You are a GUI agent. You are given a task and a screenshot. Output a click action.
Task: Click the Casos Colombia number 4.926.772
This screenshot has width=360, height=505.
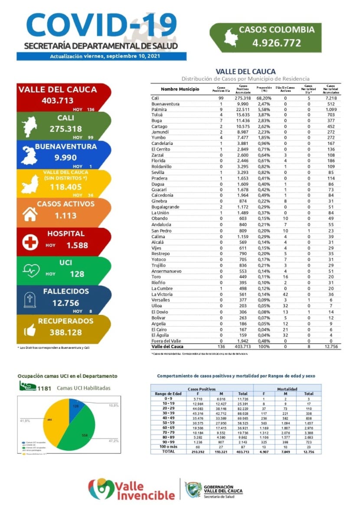point(277,43)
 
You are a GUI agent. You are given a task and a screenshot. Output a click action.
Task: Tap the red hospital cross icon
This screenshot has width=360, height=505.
point(30,242)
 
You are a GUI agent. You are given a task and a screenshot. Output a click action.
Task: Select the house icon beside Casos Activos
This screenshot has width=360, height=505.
point(30,213)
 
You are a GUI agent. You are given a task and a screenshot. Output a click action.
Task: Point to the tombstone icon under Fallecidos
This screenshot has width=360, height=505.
point(30,300)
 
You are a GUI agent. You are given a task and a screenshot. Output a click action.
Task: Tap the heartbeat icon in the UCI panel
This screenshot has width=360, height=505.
point(30,271)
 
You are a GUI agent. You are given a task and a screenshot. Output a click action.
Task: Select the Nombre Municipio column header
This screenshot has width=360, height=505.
point(180,89)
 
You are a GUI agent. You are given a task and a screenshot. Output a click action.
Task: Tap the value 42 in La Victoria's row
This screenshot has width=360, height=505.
point(285,294)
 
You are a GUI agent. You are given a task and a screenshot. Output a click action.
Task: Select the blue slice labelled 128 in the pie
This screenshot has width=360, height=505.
point(76,407)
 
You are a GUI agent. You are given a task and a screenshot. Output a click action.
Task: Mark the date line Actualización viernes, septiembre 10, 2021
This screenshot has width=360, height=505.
point(101,57)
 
